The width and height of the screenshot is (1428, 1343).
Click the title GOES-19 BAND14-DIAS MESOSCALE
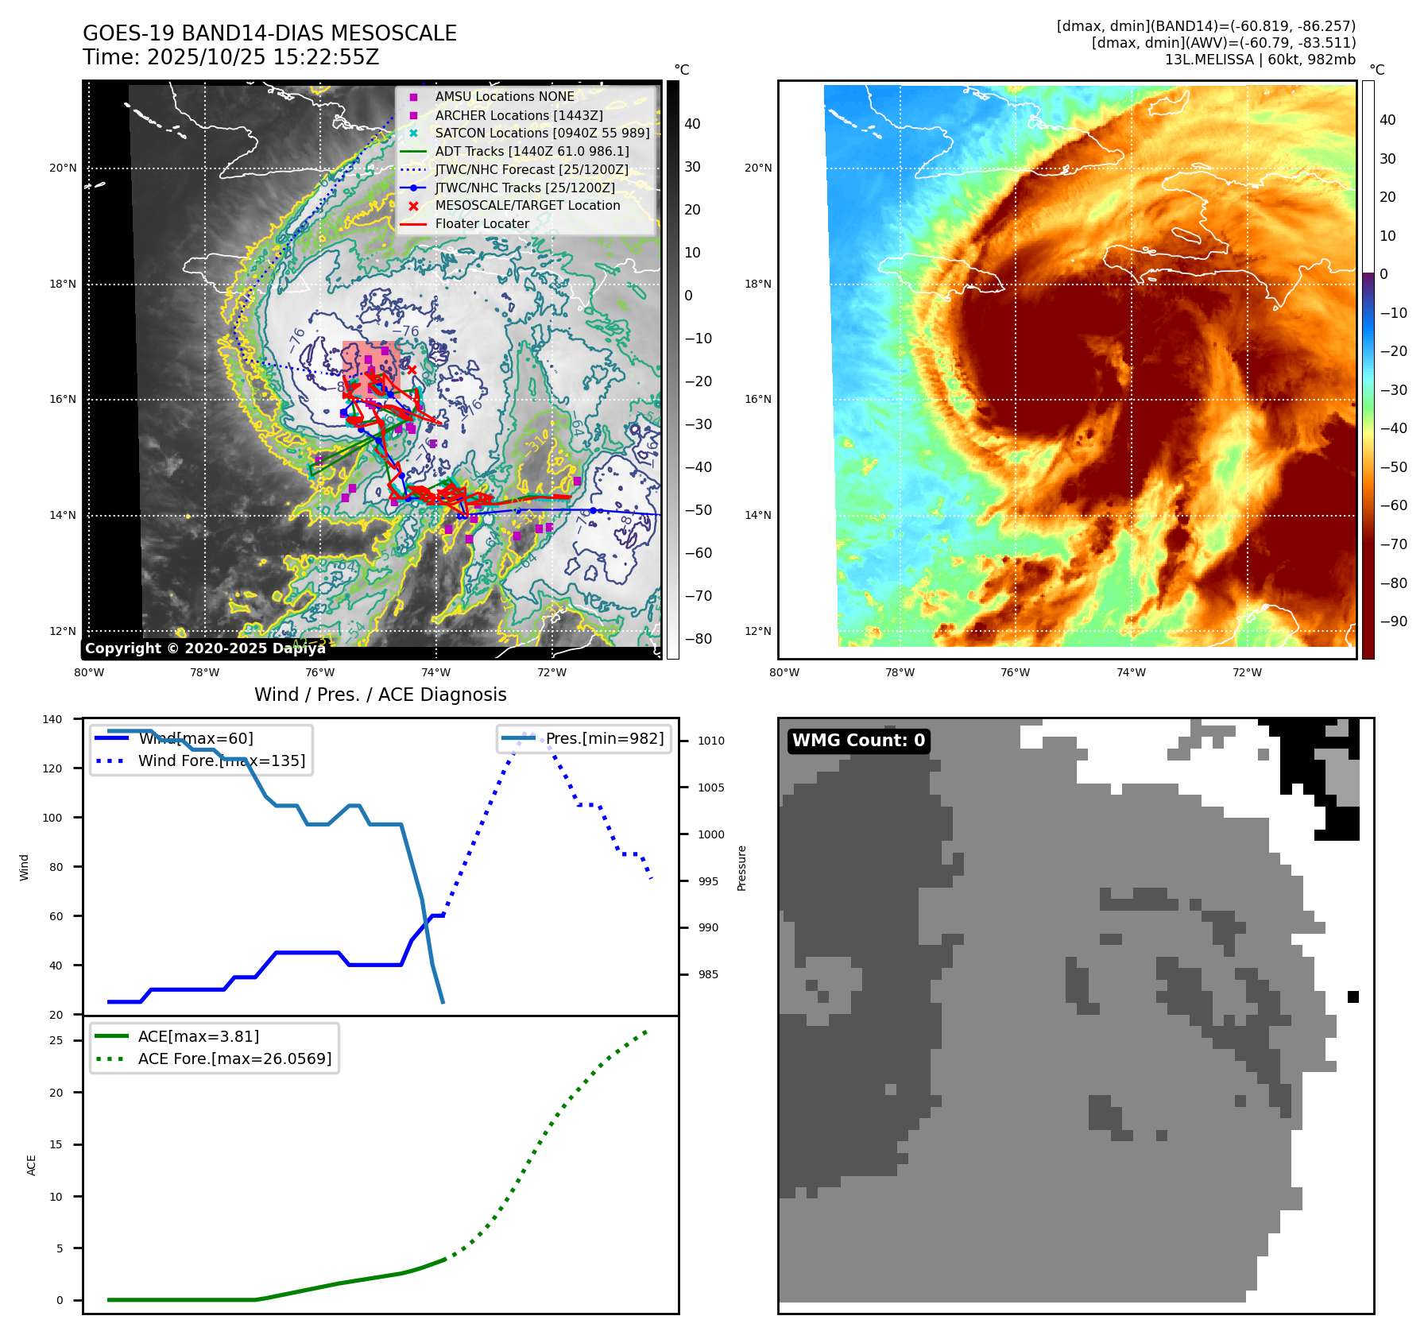point(269,33)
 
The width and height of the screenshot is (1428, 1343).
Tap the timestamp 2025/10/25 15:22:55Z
point(263,57)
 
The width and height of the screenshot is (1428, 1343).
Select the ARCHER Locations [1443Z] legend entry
point(518,115)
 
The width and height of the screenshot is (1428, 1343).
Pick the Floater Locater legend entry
point(482,224)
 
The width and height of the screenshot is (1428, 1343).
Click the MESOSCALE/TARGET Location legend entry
point(527,206)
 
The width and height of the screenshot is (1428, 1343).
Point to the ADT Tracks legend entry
point(532,151)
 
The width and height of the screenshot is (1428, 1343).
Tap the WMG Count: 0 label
point(858,741)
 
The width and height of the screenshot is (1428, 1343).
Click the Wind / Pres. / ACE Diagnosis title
point(380,695)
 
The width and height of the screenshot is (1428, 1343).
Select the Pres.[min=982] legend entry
point(604,738)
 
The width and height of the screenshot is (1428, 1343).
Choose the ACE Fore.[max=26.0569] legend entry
point(234,1059)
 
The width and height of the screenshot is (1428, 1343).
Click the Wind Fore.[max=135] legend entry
point(221,761)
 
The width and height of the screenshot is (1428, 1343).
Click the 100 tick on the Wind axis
point(52,818)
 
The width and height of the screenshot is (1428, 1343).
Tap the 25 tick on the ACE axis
point(56,1040)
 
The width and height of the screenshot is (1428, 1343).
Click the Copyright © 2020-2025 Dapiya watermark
point(205,648)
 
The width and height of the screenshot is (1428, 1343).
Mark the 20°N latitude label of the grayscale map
point(63,168)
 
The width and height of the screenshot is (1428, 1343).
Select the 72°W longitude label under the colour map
point(1246,672)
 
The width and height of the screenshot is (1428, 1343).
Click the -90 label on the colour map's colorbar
point(1393,621)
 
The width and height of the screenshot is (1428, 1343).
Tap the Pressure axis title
point(741,868)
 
